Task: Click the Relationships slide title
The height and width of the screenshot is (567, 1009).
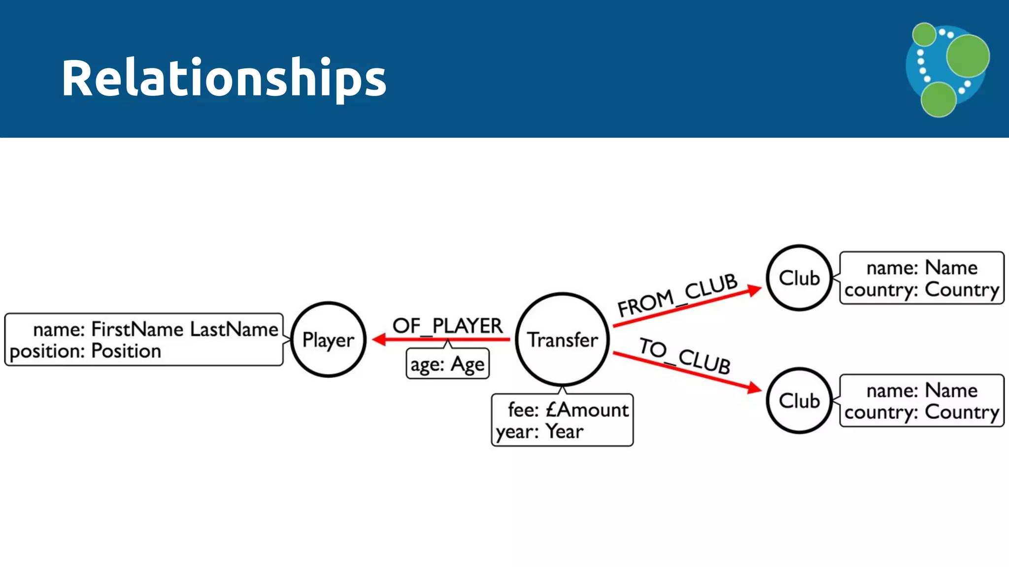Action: [x=224, y=78]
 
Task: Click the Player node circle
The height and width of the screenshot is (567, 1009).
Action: [x=328, y=340]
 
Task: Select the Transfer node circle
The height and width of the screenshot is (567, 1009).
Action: [x=562, y=340]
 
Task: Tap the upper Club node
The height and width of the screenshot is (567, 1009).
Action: [x=799, y=278]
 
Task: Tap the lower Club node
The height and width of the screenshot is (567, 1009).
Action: [x=799, y=401]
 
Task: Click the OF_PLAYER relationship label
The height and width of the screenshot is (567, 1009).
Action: [x=447, y=326]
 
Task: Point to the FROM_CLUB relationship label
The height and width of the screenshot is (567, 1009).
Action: [x=677, y=295]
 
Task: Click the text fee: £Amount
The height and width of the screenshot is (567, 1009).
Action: [x=568, y=409]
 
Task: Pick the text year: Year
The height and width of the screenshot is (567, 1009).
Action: [x=539, y=432]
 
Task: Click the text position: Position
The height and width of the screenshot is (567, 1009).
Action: [x=85, y=351]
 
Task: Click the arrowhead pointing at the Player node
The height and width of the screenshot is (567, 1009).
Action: [x=379, y=340]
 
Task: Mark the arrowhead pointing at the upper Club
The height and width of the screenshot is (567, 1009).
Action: [x=754, y=289]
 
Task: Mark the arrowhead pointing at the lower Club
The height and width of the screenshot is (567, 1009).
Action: [x=754, y=388]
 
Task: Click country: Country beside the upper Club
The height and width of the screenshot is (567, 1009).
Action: [x=921, y=290]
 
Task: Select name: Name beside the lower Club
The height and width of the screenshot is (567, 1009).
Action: [x=921, y=390]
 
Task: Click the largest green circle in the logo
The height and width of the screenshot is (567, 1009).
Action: [x=968, y=56]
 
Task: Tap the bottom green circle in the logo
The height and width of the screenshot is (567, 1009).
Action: [x=939, y=99]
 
